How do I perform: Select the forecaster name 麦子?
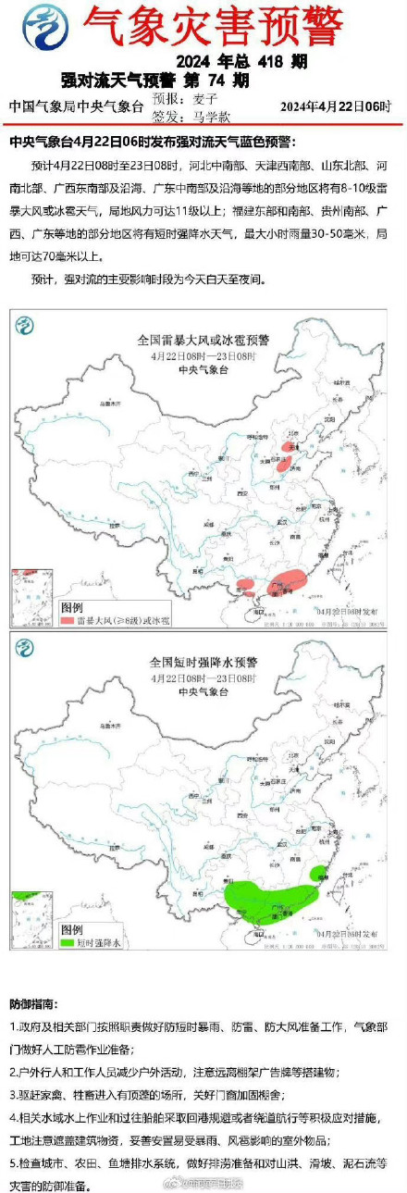[205, 99]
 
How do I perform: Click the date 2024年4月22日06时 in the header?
[336, 106]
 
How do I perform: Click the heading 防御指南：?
[38, 1004]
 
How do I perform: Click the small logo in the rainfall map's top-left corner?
[25, 646]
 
